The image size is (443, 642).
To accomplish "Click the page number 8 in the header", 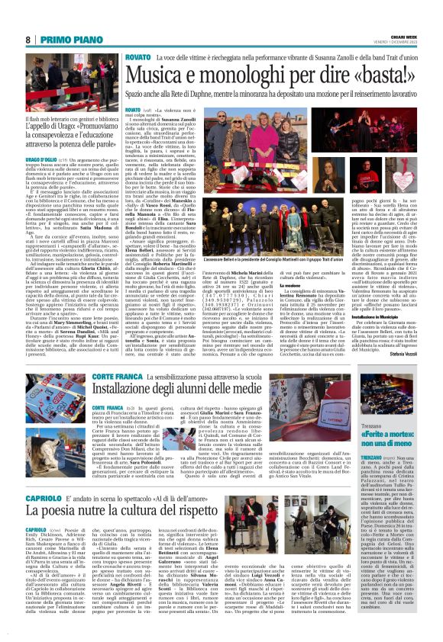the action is click(27, 40).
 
